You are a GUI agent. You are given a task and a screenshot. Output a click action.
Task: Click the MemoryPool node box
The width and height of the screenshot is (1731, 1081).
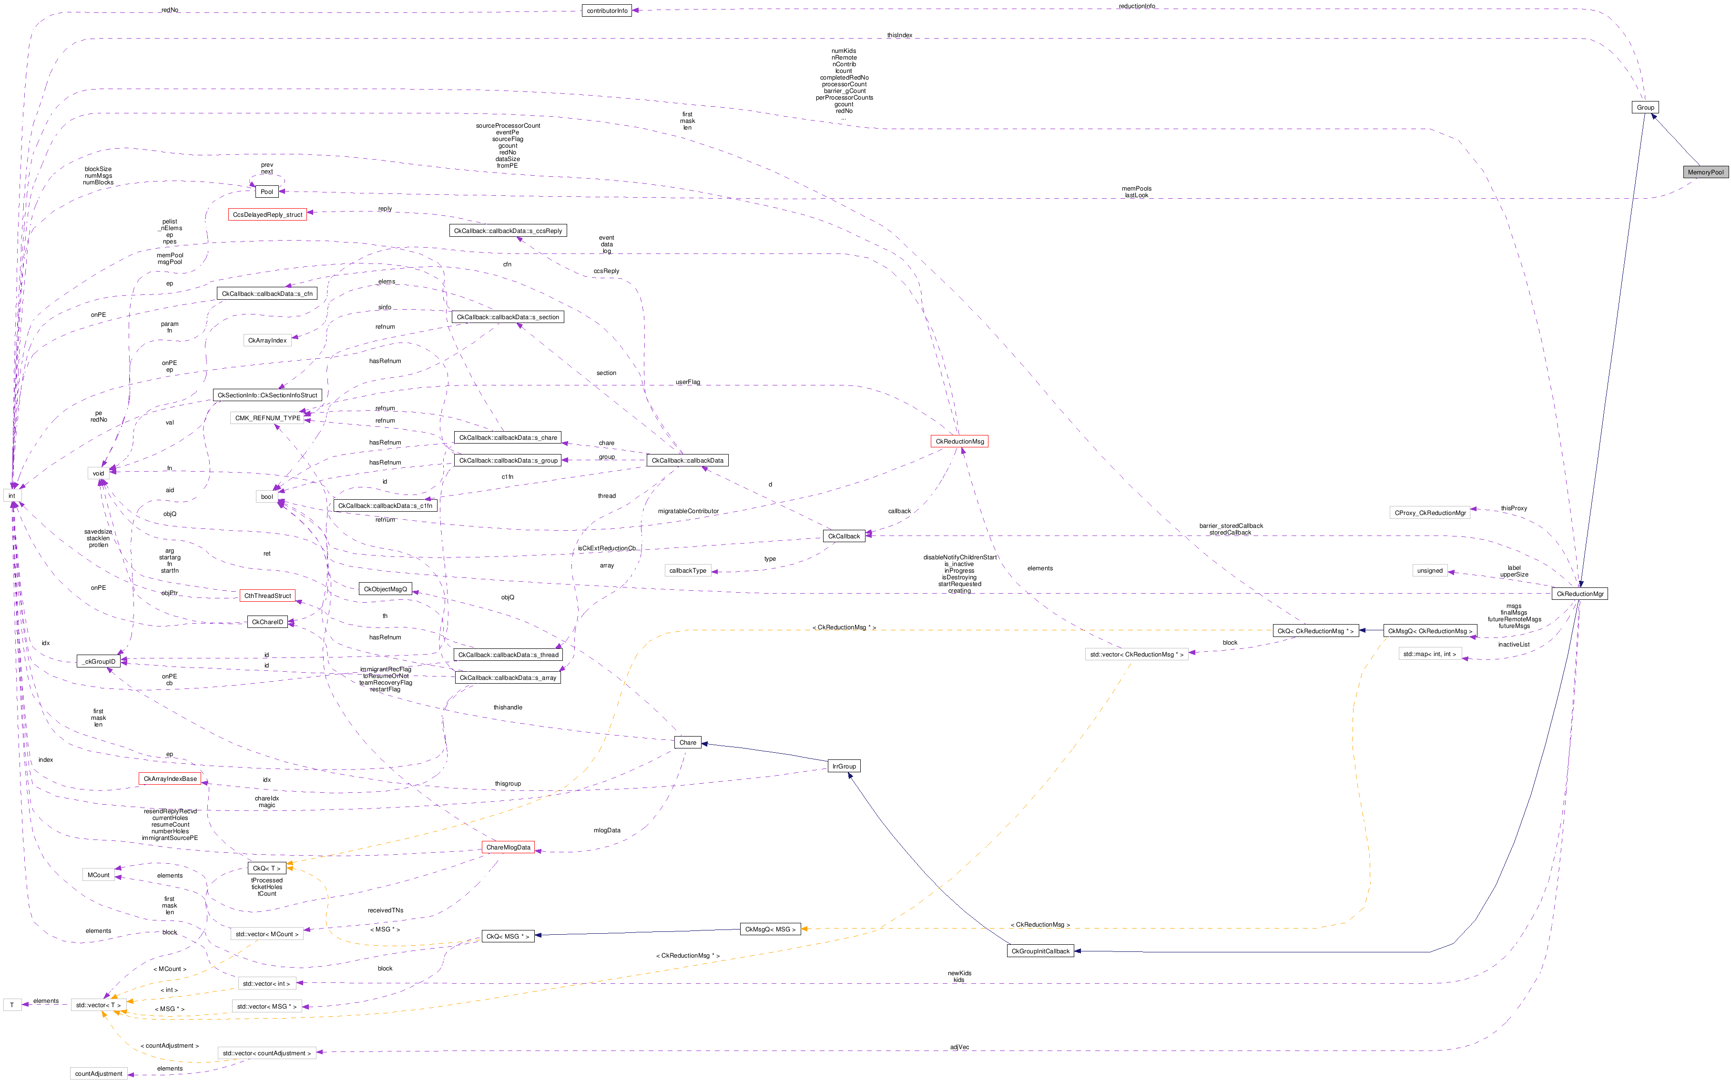click(1705, 172)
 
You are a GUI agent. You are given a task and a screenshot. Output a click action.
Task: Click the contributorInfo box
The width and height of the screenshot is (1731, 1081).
click(606, 11)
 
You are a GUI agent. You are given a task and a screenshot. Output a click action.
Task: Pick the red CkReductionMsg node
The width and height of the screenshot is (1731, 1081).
click(959, 441)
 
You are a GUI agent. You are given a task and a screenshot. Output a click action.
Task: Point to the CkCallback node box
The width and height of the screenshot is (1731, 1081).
click(844, 535)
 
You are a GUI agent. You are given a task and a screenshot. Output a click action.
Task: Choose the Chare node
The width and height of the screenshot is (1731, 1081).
click(687, 742)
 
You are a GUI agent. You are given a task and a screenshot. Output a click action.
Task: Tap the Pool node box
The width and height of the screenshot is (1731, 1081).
click(267, 192)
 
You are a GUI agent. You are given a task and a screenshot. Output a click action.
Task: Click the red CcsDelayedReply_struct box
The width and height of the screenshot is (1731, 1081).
click(267, 214)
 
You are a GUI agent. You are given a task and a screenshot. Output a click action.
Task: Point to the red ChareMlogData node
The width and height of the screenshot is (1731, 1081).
click(508, 847)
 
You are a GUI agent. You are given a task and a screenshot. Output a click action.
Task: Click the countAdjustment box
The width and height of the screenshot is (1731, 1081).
click(99, 1073)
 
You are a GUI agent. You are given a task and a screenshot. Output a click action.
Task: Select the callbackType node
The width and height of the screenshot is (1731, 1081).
click(688, 571)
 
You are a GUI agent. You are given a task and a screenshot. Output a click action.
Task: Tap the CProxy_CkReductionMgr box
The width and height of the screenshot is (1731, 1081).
click(1430, 513)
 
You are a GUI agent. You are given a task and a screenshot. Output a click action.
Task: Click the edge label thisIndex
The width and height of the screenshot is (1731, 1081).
click(899, 35)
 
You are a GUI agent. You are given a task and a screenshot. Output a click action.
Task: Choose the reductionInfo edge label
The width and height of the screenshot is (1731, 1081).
click(1136, 7)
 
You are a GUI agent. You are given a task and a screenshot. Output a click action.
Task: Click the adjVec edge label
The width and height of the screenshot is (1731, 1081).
click(959, 1047)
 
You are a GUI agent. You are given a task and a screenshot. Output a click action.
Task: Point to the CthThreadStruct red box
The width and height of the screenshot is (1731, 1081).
click(267, 596)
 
